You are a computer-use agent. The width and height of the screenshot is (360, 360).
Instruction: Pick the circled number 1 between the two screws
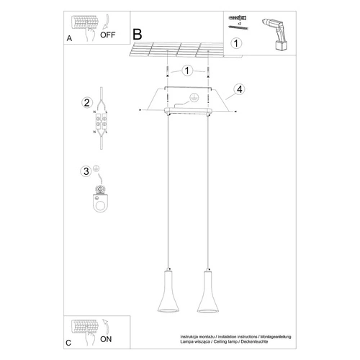point(187,71)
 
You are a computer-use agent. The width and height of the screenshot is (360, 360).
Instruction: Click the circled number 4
point(238,91)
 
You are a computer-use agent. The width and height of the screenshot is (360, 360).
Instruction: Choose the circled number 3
point(86,171)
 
